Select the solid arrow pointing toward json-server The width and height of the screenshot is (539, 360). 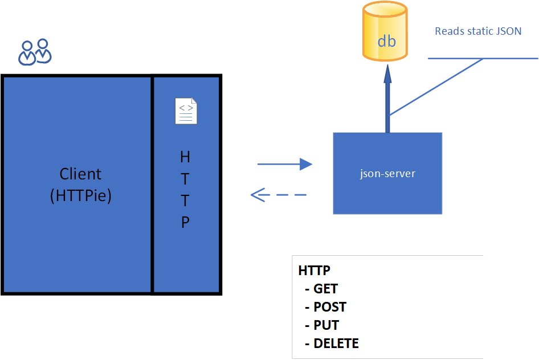285,165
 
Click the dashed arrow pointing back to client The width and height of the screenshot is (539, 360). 279,195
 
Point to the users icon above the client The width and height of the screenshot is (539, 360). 35,52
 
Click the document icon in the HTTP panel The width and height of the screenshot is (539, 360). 186,111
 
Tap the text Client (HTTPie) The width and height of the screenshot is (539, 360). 80,185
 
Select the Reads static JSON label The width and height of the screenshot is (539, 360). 478,31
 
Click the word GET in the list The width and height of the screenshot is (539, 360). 325,289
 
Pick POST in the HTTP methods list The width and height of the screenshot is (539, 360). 329,307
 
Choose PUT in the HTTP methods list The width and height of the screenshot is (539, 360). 326,325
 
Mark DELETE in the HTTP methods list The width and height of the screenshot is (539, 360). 336,343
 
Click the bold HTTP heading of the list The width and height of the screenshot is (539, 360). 315,271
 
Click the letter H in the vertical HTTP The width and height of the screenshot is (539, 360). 185,157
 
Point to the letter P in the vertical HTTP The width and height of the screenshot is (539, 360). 185,223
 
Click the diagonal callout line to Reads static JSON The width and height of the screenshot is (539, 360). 436,87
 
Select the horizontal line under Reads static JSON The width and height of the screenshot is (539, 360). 483,58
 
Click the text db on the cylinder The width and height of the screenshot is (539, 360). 386,42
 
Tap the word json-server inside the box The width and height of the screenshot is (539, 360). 387,173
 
